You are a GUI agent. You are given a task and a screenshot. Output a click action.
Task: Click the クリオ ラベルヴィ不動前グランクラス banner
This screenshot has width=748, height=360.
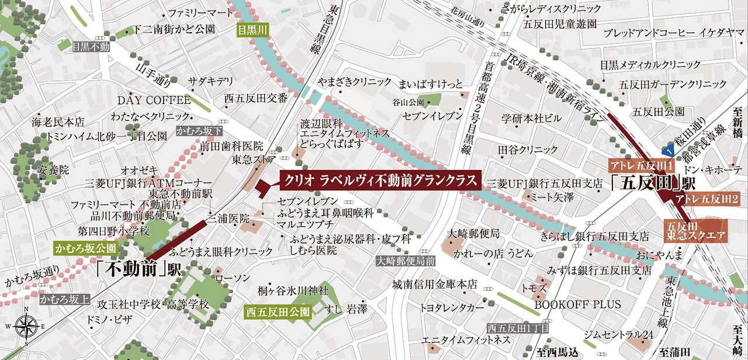pyautogui.click(x=379, y=181)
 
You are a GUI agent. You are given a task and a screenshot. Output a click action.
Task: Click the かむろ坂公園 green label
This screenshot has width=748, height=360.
pyautogui.click(x=85, y=248)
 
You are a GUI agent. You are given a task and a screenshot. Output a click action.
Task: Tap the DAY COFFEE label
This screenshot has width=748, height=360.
pyautogui.click(x=154, y=100)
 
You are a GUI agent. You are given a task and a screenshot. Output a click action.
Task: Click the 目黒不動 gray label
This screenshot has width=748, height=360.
pyautogui.click(x=91, y=47)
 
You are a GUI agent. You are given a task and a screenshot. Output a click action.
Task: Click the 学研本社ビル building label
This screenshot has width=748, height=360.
pyautogui.click(x=531, y=119)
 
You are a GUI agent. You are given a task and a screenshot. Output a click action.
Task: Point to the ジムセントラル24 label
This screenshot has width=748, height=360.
pyautogui.click(x=618, y=334)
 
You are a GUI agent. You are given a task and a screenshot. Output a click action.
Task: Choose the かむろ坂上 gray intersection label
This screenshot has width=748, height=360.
pyautogui.click(x=65, y=300)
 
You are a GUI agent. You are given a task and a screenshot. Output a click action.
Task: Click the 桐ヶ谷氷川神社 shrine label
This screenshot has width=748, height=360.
pyautogui.click(x=293, y=290)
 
